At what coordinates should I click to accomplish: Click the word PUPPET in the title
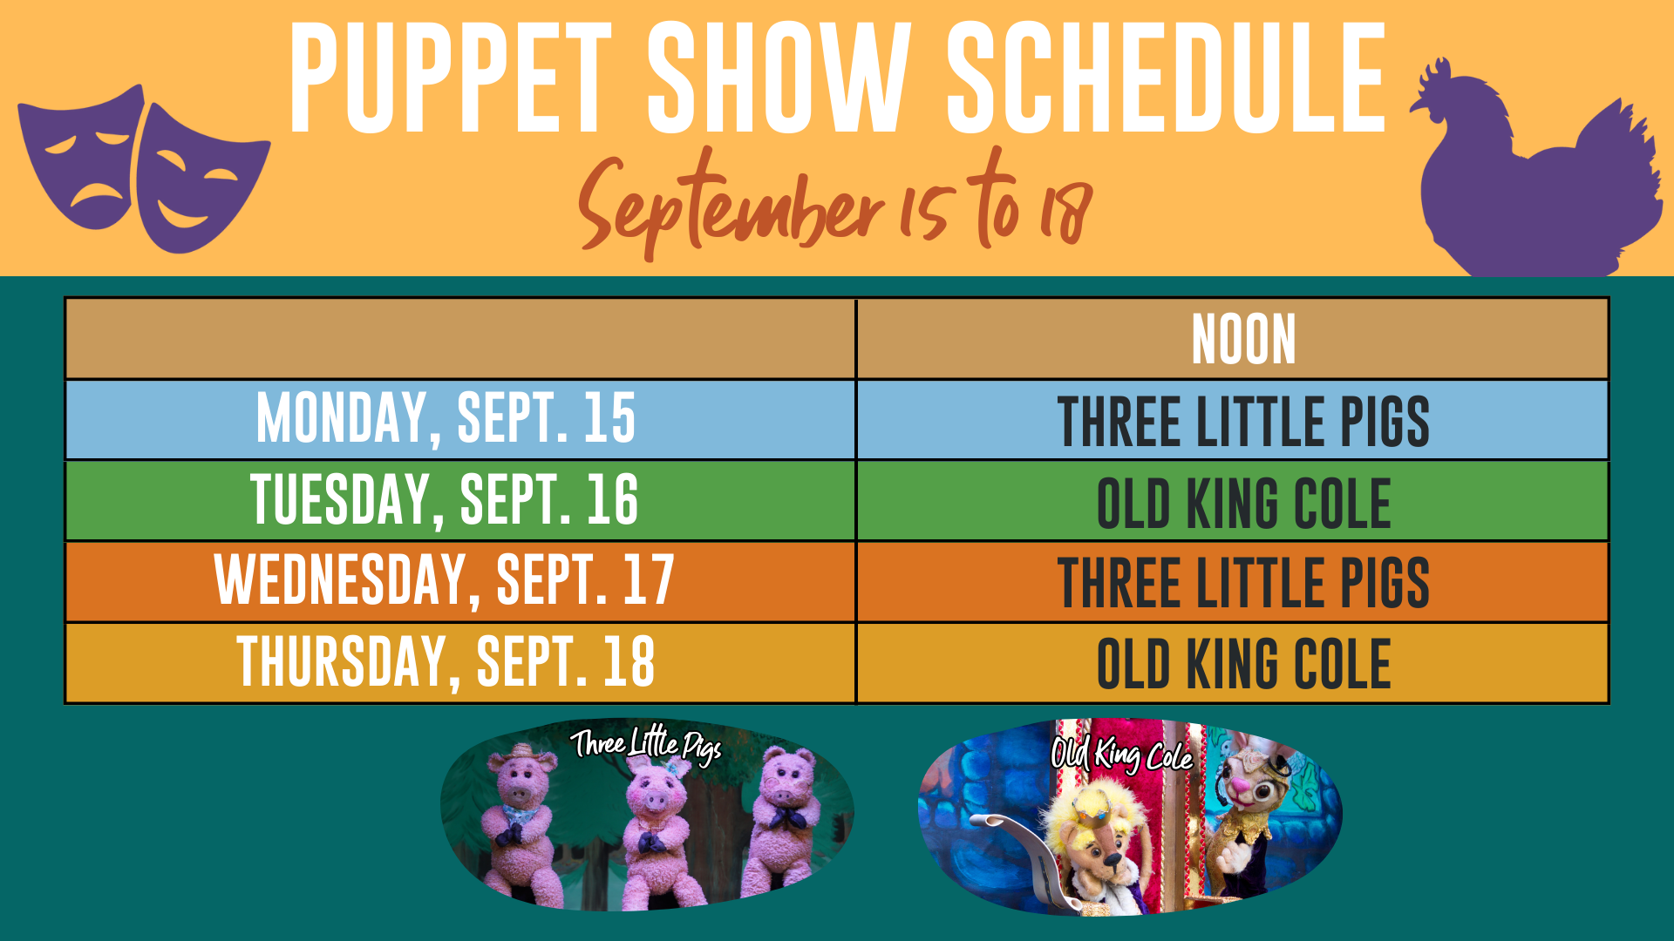pos(451,78)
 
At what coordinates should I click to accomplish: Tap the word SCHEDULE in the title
pos(1167,78)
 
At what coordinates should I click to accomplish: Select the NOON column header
pos(1244,339)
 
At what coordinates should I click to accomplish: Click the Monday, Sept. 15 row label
pos(446,419)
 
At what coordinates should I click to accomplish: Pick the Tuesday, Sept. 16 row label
pos(445,500)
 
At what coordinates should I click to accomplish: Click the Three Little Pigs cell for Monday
pos(1243,421)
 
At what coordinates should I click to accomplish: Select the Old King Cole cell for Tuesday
pos(1243,504)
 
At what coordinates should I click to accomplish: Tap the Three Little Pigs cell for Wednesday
pos(1243,583)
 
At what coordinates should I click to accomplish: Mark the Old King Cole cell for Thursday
pos(1243,664)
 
